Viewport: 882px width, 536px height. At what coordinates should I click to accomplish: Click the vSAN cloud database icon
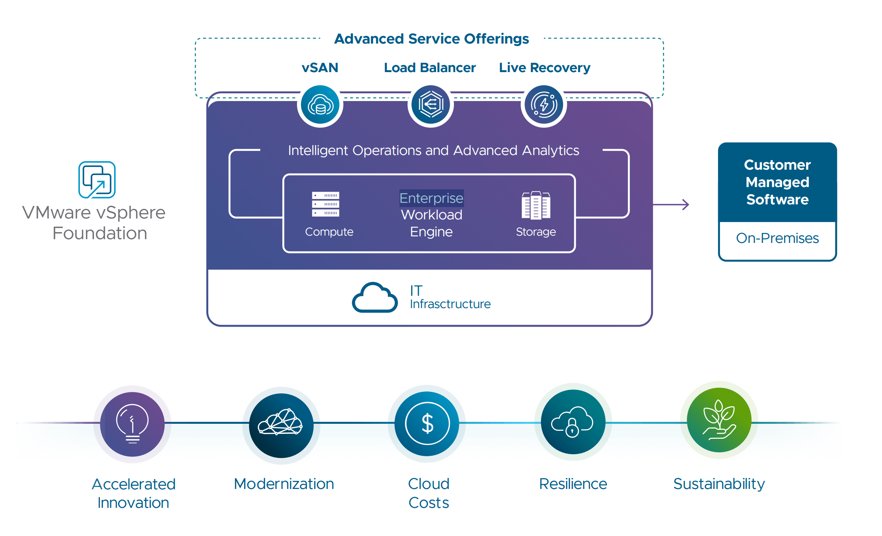pos(320,105)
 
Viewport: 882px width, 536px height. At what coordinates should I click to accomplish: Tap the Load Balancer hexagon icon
pos(431,105)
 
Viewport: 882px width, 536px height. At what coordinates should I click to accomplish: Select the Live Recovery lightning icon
pos(544,105)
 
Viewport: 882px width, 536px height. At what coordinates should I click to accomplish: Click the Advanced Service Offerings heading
pos(431,39)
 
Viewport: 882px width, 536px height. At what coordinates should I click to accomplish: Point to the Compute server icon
pos(325,204)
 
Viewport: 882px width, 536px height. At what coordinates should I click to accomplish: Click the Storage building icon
pos(536,205)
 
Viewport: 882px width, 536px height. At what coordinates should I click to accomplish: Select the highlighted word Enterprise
pos(431,198)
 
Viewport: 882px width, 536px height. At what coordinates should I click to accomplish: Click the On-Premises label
pos(777,238)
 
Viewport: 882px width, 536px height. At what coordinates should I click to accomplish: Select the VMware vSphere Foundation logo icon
pos(97,180)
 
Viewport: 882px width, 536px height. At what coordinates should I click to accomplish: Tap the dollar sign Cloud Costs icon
pos(427,423)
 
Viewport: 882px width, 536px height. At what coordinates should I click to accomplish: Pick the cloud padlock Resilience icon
pos(573,422)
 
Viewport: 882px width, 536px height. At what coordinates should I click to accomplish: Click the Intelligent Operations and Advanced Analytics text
pos(433,150)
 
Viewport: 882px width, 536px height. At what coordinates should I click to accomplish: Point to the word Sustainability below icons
pos(719,484)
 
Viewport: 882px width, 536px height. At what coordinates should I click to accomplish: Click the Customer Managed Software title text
pos(777,182)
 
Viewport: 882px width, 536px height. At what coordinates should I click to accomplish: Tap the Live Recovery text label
pos(544,68)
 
